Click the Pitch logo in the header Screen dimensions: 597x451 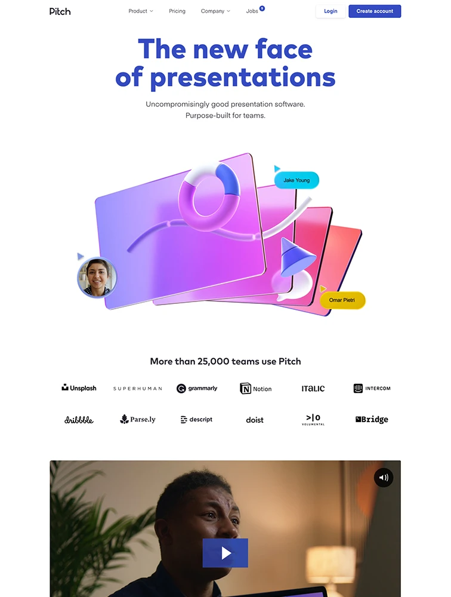[60, 11]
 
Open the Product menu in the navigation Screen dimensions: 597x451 [141, 11]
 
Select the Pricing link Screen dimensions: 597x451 [177, 11]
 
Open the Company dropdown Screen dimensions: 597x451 [215, 11]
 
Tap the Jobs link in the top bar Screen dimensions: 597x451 [252, 11]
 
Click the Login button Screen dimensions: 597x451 [330, 11]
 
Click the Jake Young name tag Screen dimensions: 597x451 [296, 180]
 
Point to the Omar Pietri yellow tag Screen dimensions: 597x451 [342, 300]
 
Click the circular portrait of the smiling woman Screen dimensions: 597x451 [97, 277]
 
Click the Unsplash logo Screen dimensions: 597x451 [79, 388]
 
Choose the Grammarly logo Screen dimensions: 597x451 [197, 389]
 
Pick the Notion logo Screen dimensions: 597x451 [255, 389]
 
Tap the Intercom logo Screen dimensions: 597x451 [372, 389]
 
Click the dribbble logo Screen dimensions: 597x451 [79, 420]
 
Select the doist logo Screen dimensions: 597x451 [255, 420]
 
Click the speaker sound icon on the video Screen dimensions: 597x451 [384, 478]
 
